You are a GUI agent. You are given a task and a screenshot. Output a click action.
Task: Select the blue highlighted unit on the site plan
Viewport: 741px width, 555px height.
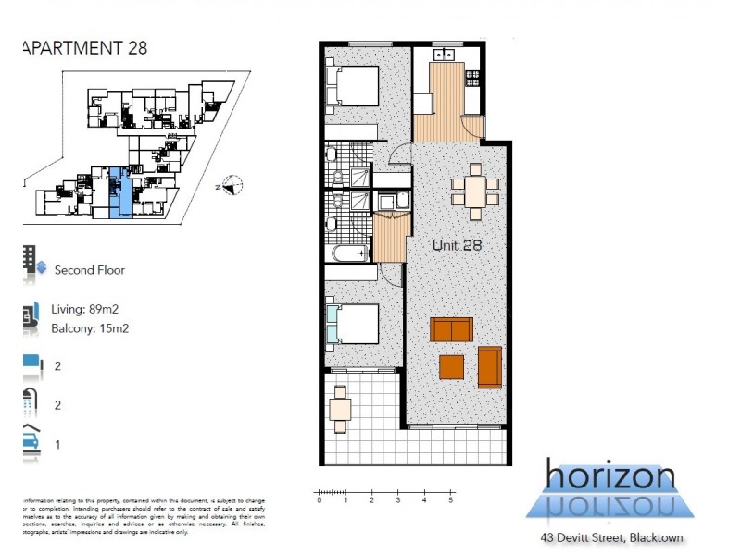(x=116, y=191)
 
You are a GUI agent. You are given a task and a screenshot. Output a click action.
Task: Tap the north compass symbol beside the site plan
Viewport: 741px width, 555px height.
(x=232, y=186)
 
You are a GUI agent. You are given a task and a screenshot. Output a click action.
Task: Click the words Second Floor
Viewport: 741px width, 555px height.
(x=90, y=270)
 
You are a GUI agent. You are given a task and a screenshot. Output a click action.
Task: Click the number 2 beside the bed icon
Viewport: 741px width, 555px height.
(x=57, y=366)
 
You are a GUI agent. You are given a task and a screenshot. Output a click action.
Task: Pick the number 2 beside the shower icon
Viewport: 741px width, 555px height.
(x=57, y=404)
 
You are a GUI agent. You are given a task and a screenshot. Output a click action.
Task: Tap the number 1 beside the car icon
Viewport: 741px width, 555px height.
(x=57, y=444)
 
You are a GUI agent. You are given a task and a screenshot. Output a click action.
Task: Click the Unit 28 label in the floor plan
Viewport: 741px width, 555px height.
(x=458, y=246)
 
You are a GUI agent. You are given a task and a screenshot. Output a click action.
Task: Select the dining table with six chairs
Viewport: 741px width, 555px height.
(x=474, y=192)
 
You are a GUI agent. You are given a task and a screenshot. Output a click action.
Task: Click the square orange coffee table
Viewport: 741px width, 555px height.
(x=451, y=367)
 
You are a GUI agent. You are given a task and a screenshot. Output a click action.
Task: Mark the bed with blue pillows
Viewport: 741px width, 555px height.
(x=352, y=325)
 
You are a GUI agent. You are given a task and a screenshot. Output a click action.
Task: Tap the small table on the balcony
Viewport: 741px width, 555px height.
(x=341, y=408)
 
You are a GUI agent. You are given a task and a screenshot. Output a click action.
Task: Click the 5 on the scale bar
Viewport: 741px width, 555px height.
(x=451, y=501)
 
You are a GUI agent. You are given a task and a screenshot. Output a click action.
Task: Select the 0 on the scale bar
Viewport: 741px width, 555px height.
(x=320, y=501)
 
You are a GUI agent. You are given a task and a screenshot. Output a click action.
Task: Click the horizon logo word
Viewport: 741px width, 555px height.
(x=609, y=476)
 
